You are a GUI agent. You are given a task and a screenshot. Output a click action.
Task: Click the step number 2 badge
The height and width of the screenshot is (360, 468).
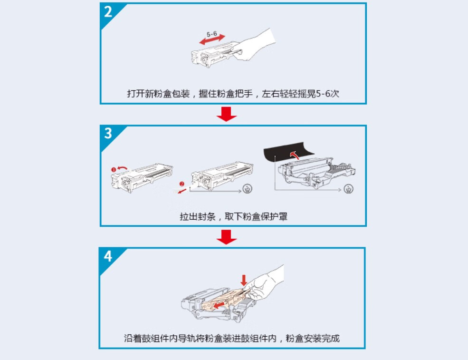click(108, 11)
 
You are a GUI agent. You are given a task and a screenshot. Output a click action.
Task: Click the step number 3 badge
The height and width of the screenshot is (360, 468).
click(108, 134)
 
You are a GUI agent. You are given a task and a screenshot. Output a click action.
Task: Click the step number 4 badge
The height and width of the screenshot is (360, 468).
click(108, 256)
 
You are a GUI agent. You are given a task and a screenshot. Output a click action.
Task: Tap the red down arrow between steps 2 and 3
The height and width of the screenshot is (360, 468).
click(227, 114)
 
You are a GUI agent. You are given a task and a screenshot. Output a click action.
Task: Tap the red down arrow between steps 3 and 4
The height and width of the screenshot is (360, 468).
click(227, 236)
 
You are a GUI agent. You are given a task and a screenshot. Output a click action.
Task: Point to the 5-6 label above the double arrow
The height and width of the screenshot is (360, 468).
click(212, 34)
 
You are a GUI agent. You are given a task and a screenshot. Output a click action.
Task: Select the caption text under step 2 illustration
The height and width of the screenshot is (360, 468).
click(233, 93)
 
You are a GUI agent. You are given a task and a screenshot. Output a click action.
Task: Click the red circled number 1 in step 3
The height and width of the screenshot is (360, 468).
click(114, 169)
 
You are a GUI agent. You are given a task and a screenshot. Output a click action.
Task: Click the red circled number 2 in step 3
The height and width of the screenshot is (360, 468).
click(181, 184)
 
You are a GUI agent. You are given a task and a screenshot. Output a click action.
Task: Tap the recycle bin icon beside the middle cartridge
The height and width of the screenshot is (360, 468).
click(247, 189)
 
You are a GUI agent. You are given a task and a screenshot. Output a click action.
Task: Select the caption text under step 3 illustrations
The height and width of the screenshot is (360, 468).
click(233, 216)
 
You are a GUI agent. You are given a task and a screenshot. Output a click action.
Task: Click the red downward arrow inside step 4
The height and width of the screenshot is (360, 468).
click(244, 280)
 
